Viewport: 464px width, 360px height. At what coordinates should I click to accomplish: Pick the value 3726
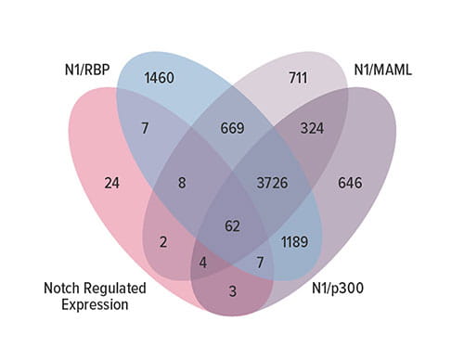point(269,183)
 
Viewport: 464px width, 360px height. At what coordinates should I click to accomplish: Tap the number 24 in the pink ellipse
point(112,183)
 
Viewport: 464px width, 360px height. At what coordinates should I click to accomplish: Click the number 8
point(183,183)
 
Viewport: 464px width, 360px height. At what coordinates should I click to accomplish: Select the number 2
point(164,242)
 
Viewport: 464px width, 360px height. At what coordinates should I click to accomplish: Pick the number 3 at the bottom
point(231,292)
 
